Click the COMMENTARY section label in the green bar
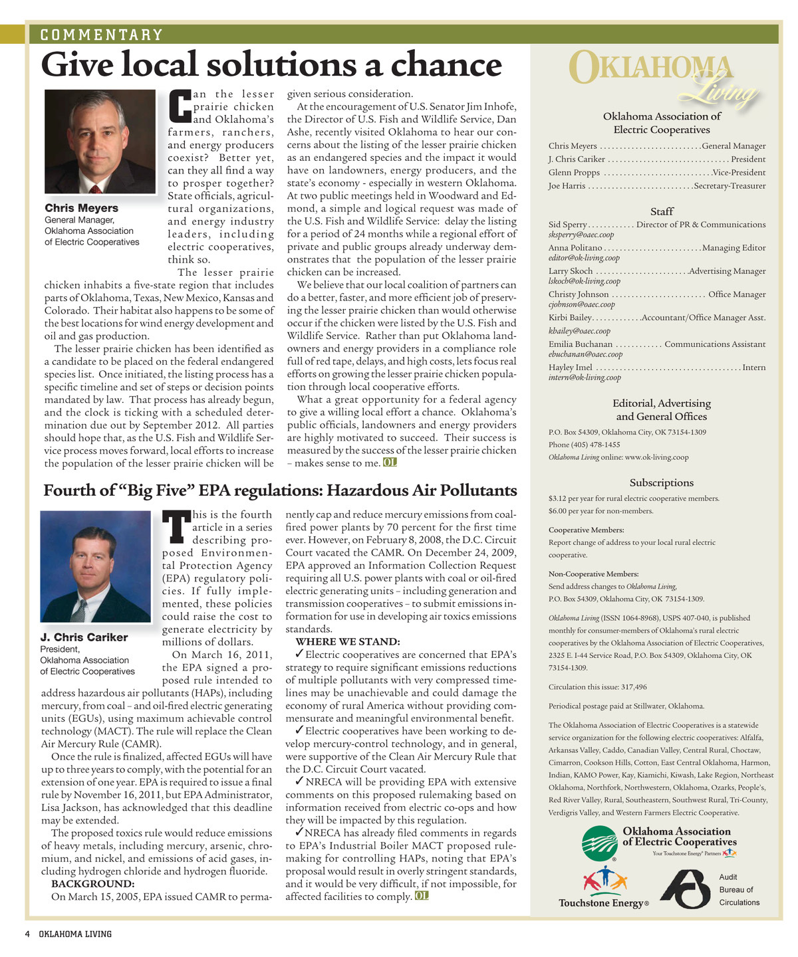pos(101,35)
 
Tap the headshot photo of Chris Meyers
pos(100,142)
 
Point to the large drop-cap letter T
pos(176,526)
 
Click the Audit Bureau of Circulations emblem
pos(685,889)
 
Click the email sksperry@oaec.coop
pos(581,235)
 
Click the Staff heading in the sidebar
pos(662,211)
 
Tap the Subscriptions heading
pos(661,483)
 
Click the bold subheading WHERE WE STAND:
pos(347,642)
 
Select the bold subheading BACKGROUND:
pos(92,884)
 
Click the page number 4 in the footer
pos(27,934)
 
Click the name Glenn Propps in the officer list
pos(574,173)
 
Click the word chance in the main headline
pos(446,65)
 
